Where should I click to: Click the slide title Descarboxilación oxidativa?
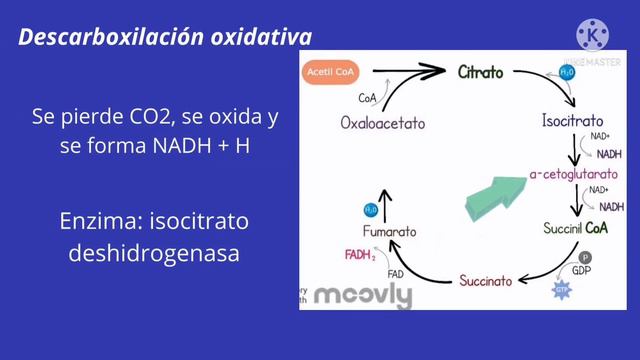tap(165, 38)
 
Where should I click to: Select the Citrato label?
tap(481, 73)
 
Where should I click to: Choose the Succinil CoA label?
tap(576, 228)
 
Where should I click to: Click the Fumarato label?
tap(389, 232)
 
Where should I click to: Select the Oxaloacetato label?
tap(382, 124)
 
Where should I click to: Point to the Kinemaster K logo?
tap(595, 35)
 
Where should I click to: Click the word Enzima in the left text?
tap(103, 219)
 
